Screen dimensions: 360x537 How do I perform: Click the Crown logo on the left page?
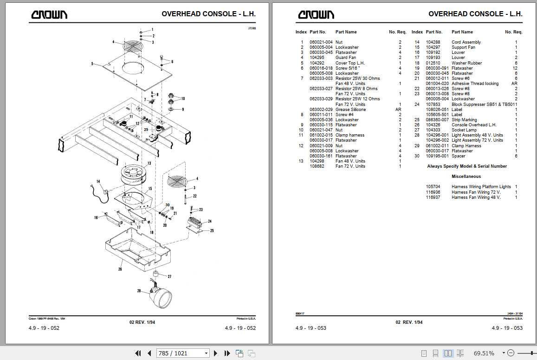(x=49, y=14)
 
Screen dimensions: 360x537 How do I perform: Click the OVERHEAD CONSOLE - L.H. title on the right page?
(x=475, y=14)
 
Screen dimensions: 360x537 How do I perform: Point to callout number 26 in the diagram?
(x=120, y=268)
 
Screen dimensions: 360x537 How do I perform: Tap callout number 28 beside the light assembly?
(x=139, y=291)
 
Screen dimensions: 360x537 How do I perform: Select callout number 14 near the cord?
(x=98, y=181)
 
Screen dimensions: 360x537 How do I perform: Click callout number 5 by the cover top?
(x=92, y=64)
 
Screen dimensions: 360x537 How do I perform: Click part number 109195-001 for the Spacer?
(x=437, y=156)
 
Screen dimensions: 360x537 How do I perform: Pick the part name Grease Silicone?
(x=350, y=110)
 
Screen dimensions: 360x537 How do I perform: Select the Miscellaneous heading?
(x=466, y=177)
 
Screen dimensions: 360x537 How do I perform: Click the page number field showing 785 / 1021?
(x=181, y=353)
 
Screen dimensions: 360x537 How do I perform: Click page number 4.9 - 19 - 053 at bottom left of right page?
(x=311, y=328)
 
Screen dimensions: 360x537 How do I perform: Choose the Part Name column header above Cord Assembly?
(x=462, y=32)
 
